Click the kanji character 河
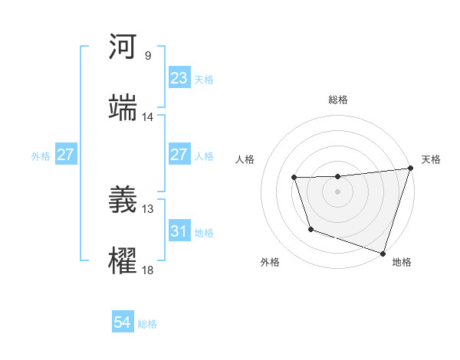[123, 47]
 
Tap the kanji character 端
[123, 107]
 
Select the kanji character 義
[123, 200]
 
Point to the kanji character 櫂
[123, 260]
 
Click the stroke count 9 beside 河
[147, 56]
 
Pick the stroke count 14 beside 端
[147, 116]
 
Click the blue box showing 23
[179, 78]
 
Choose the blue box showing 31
[179, 231]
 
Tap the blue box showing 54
[122, 323]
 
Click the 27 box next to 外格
[65, 155]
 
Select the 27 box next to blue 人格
[179, 155]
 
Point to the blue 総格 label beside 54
[147, 324]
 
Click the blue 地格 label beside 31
[204, 232]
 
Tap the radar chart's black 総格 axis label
[338, 100]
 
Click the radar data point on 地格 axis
[383, 253]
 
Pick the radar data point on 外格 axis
[310, 229]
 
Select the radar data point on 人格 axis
[294, 178]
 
